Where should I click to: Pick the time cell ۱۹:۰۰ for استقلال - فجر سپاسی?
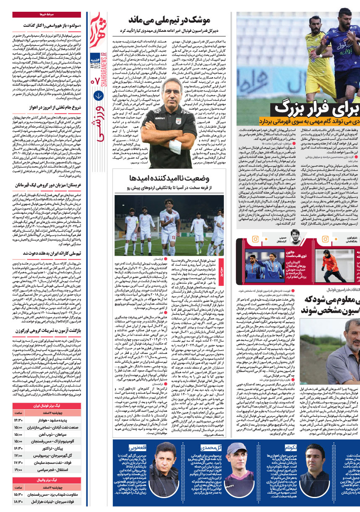pos(18,458)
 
